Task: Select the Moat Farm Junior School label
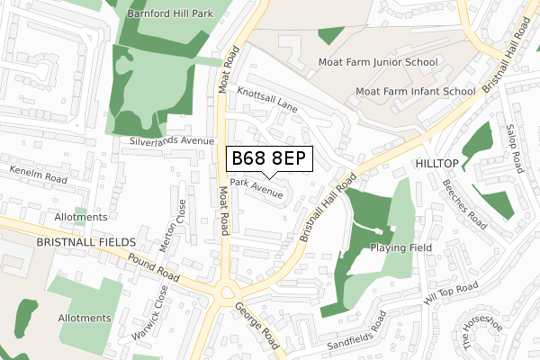coord(378,62)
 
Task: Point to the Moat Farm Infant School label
coord(415,91)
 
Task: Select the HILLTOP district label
coord(437,162)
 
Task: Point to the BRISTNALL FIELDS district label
coord(86,243)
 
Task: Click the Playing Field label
coord(401,247)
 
